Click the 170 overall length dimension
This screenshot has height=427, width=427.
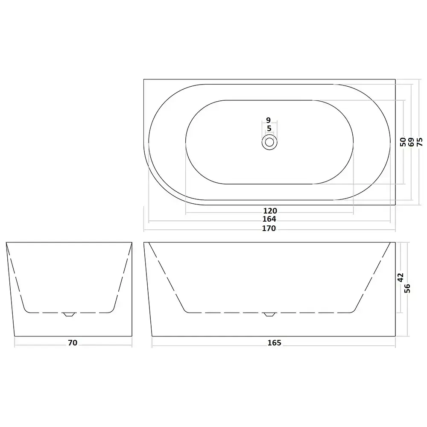click(x=269, y=228)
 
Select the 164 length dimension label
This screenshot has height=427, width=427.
click(x=269, y=219)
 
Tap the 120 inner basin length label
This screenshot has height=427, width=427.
click(x=270, y=211)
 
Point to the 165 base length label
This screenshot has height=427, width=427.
click(x=274, y=342)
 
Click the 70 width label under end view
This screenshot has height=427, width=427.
click(x=73, y=342)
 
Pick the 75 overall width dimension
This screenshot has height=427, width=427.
click(x=420, y=142)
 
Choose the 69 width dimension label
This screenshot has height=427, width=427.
click(x=411, y=142)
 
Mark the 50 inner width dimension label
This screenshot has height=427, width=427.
click(x=403, y=142)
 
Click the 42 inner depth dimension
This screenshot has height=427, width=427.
click(x=400, y=278)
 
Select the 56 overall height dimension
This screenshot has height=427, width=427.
click(x=407, y=288)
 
